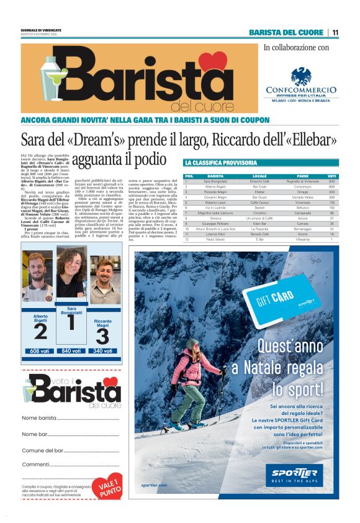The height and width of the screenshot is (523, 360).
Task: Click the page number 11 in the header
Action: [x=335, y=32]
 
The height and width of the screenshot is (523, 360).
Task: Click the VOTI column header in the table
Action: [x=332, y=176]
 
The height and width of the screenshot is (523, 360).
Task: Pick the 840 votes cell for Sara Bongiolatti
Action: [x=332, y=181]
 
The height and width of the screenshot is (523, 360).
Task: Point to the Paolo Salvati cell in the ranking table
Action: [x=215, y=239]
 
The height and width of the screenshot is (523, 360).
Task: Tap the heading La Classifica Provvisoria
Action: [x=221, y=163]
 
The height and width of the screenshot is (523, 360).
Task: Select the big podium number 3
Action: [x=102, y=336]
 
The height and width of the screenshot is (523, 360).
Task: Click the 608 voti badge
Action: [x=40, y=351]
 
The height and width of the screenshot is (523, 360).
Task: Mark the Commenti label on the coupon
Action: [x=35, y=464]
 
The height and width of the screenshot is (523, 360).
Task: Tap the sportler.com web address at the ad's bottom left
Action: [x=154, y=484]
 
